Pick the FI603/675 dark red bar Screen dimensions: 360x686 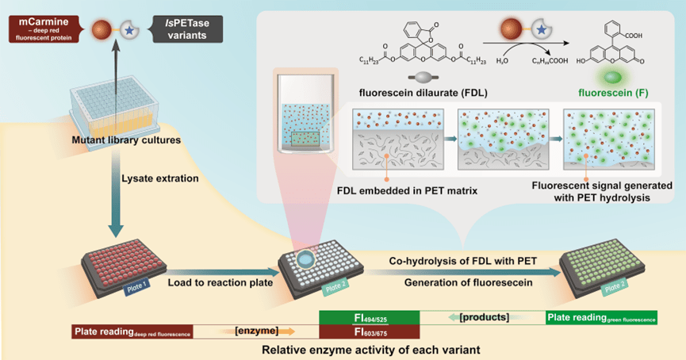point(369,331)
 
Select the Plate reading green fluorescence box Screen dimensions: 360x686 point(601,318)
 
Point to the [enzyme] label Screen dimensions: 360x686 point(255,331)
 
